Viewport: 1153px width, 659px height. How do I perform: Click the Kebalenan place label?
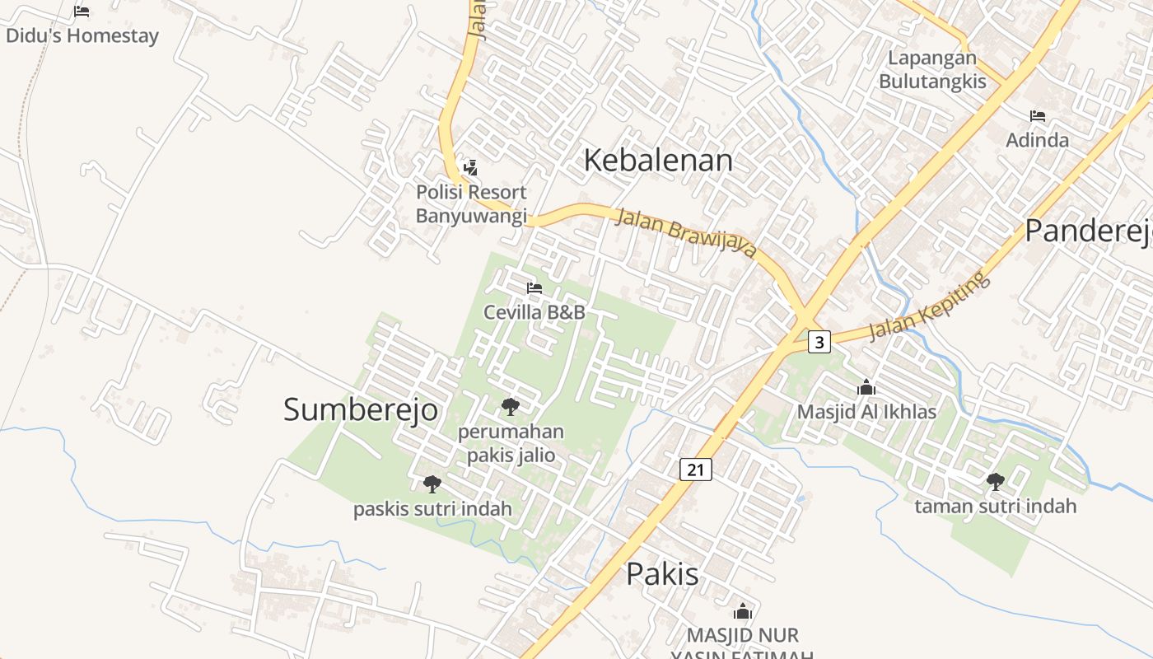658,160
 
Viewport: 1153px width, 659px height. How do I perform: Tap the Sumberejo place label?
360,409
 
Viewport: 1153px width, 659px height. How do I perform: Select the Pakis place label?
662,574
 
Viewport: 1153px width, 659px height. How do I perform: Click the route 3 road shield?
819,341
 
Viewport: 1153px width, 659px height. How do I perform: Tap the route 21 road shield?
696,470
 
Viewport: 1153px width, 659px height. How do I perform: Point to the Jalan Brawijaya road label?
685,231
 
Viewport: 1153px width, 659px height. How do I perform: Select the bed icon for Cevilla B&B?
534,288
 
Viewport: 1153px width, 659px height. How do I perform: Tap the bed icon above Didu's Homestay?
82,12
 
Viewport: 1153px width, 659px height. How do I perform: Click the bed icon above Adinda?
1038,116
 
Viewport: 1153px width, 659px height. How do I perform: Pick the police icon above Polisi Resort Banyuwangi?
470,168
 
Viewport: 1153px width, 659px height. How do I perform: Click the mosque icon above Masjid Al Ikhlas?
866,387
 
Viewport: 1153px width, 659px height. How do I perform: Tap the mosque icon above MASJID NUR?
743,611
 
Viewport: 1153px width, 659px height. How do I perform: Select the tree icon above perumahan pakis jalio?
511,406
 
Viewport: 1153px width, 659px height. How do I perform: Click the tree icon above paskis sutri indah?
432,484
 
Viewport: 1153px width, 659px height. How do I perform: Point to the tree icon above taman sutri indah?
996,481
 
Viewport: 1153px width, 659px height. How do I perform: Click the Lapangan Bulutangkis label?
932,70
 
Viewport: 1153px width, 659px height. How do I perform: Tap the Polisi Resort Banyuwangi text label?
471,203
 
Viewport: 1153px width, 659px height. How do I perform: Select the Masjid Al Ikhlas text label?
866,411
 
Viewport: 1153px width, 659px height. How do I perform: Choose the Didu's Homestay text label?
82,35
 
